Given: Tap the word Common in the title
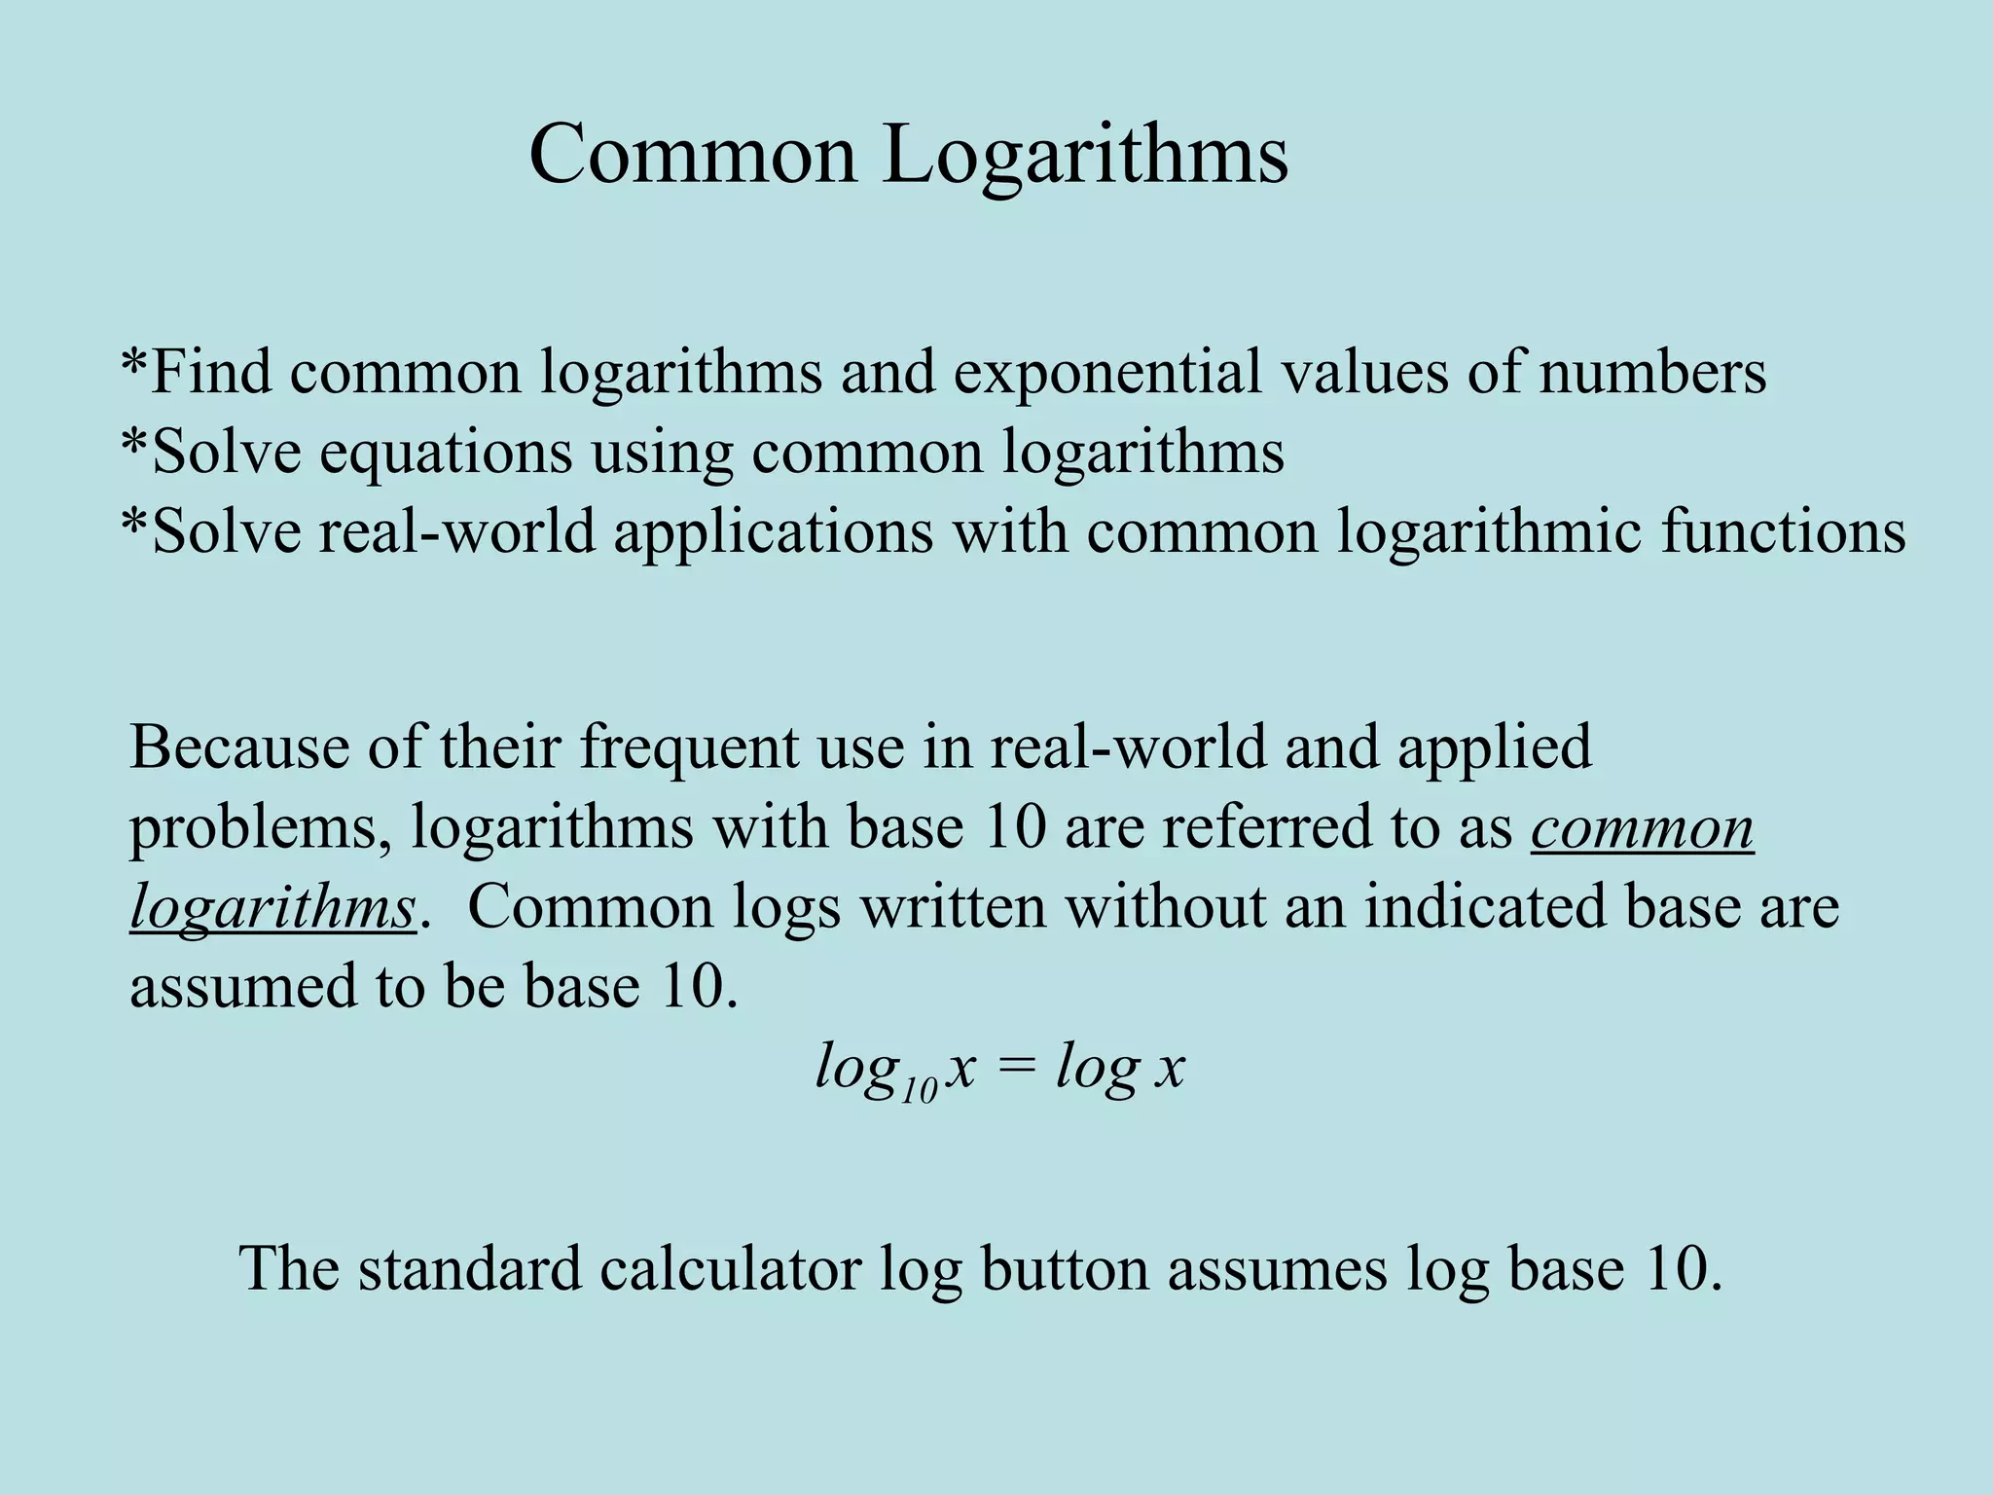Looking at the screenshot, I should pyautogui.click(x=693, y=156).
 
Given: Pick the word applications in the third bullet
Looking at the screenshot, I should pyautogui.click(x=773, y=532).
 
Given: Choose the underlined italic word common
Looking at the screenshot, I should pyautogui.click(x=1642, y=827).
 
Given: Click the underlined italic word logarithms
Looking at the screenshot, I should pyautogui.click(x=272, y=908).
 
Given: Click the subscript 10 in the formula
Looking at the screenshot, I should pyautogui.click(x=919, y=1090).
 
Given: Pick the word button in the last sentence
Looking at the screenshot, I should pyautogui.click(x=1065, y=1269).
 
